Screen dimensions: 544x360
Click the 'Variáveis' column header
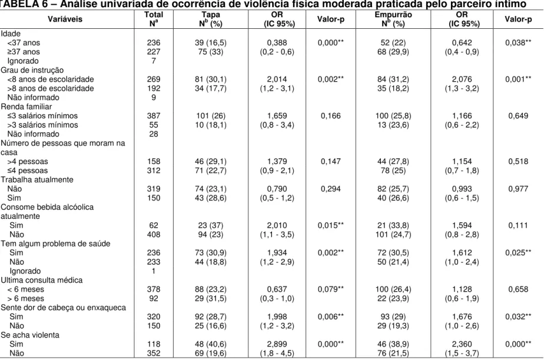(65, 19)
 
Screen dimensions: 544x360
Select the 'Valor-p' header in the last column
(518, 19)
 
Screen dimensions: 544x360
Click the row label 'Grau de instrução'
(32, 70)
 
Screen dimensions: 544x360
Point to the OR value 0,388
(277, 42)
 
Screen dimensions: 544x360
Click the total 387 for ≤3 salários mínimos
(153, 116)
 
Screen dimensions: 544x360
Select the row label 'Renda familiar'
(26, 106)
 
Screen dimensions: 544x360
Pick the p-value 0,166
(331, 116)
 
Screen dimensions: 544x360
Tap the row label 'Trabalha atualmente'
(37, 180)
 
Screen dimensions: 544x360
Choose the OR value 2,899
(277, 344)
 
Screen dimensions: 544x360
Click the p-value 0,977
(518, 189)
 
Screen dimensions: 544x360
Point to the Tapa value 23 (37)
(211, 225)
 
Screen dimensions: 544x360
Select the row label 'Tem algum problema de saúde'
(55, 244)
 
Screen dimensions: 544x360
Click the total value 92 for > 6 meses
(153, 298)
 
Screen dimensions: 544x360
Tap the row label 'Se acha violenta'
(30, 335)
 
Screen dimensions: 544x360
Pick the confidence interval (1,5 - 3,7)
(462, 354)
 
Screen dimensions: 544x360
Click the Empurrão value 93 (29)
(393, 316)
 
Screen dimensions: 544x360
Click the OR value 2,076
(462, 79)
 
